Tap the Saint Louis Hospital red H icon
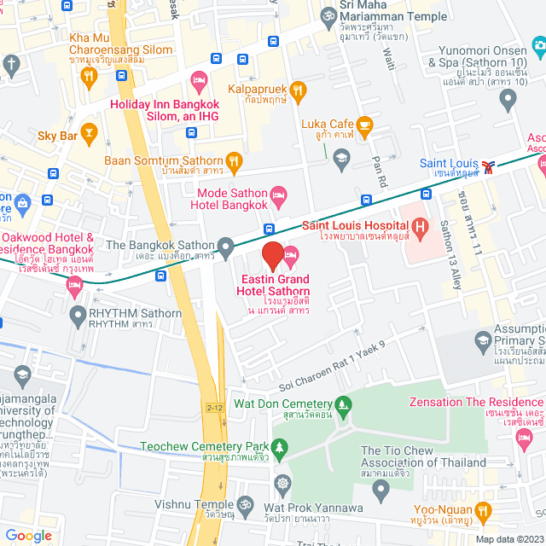(420, 227)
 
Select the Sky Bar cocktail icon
(89, 132)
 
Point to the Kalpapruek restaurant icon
(298, 88)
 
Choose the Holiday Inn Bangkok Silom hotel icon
(199, 83)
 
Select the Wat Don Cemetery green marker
(345, 404)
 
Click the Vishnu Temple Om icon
(247, 504)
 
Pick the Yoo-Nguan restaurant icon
(484, 511)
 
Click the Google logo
(28, 535)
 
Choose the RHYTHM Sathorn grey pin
(76, 313)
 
